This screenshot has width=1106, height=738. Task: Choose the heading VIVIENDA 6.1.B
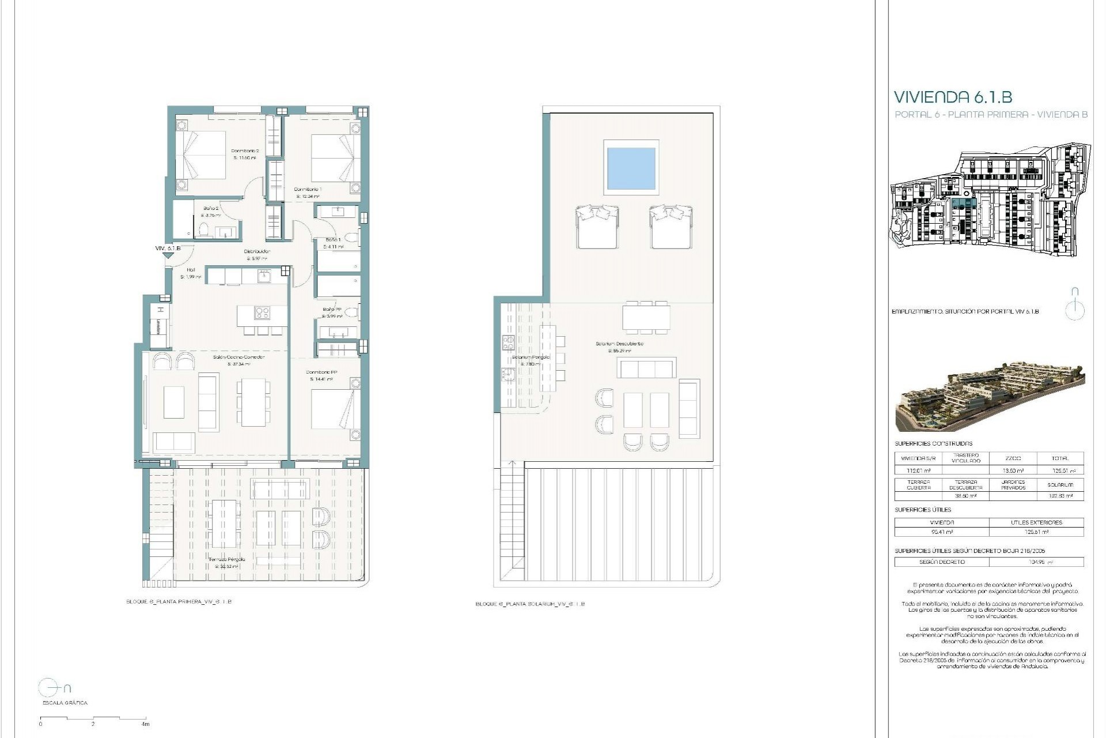click(x=952, y=96)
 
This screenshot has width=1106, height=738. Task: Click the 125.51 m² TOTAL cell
click(x=1059, y=470)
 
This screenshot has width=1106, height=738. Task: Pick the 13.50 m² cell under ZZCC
click(x=1013, y=470)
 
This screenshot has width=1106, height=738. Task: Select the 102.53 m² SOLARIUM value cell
click(x=1059, y=496)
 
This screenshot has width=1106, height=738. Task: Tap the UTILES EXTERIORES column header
click(x=1036, y=522)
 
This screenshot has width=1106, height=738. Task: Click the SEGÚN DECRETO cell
click(x=941, y=562)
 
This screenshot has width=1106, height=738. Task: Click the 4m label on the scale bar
click(x=145, y=724)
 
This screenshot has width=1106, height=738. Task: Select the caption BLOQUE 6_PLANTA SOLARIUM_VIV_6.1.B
click(x=530, y=604)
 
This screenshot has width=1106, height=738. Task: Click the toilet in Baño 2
click(x=203, y=231)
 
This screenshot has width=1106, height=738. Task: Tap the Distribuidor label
click(x=257, y=251)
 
